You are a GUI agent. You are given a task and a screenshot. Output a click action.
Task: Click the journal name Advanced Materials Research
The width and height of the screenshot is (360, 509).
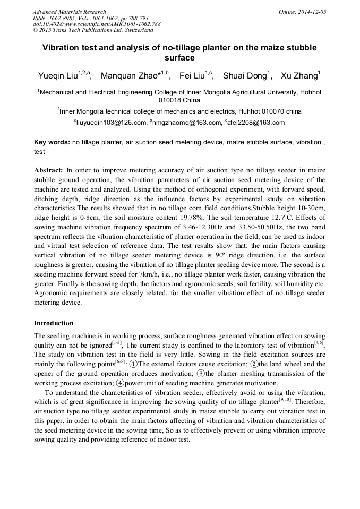click(x=69, y=12)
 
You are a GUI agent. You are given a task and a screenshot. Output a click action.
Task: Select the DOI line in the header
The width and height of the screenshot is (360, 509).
click(x=97, y=24)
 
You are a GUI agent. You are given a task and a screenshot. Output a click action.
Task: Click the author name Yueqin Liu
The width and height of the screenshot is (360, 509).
click(x=58, y=75)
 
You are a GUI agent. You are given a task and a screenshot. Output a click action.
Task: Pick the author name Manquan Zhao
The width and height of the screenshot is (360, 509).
click(x=130, y=75)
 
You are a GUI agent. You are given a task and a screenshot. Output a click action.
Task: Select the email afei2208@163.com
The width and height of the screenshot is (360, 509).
click(x=256, y=123)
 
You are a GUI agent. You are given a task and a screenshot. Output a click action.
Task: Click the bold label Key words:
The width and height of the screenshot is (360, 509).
click(x=52, y=142)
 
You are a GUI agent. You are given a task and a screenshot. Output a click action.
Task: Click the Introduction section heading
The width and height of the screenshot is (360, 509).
click(x=54, y=323)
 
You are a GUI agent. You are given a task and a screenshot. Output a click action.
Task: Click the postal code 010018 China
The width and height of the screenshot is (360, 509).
click(x=179, y=100)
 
